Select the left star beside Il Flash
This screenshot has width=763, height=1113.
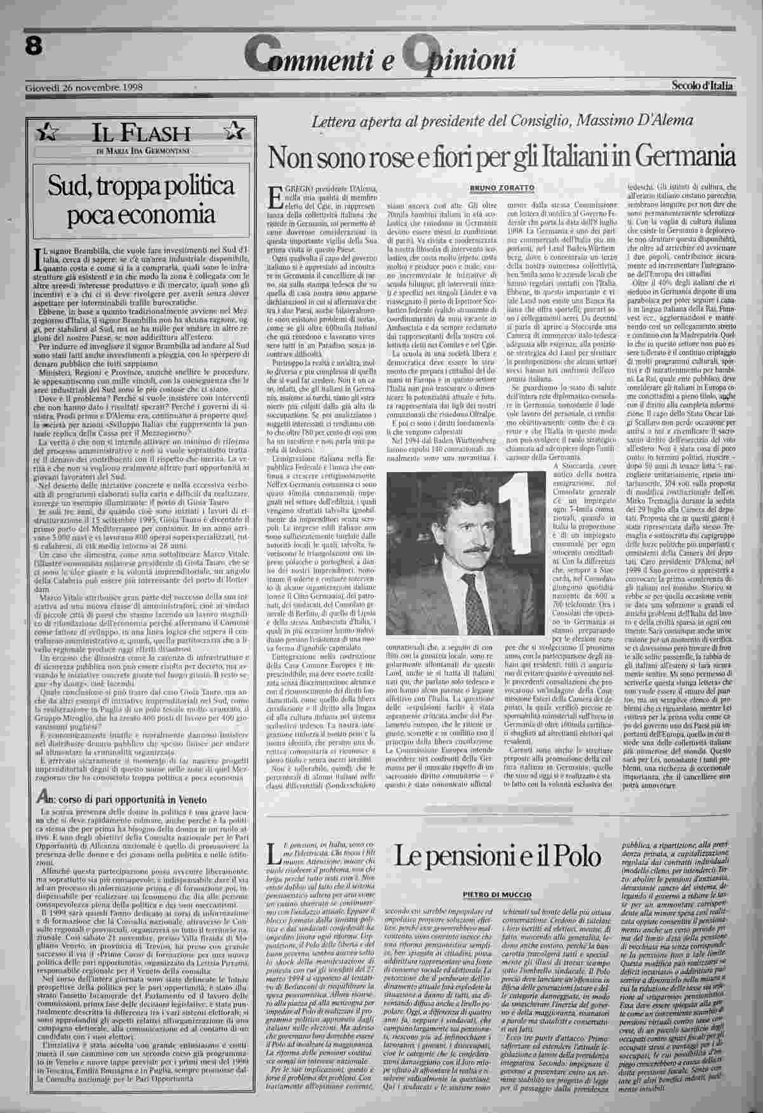click(x=46, y=133)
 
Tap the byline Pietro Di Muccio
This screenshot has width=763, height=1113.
click(x=501, y=893)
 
